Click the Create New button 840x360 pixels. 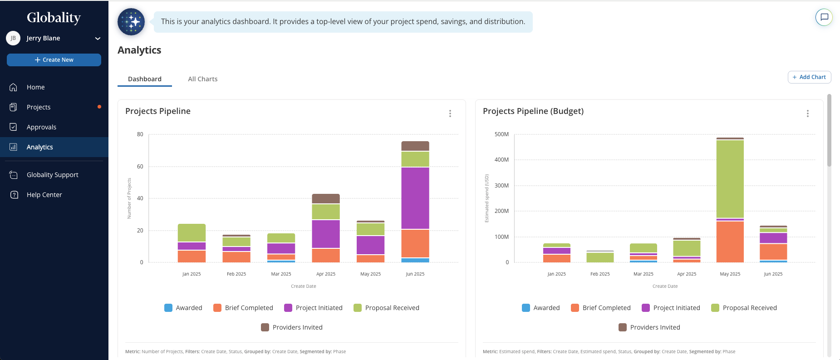click(54, 60)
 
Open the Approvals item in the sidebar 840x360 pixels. click(41, 127)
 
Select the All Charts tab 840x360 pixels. click(203, 79)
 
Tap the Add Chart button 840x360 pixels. click(809, 77)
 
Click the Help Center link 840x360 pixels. click(44, 195)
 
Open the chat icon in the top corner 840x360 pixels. click(824, 17)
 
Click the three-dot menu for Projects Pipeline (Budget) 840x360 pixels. click(807, 113)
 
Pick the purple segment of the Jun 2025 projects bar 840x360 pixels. click(415, 198)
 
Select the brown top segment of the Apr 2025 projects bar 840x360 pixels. click(326, 198)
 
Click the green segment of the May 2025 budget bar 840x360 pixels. click(730, 179)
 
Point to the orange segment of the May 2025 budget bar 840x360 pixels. click(730, 242)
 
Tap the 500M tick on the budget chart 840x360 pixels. click(501, 134)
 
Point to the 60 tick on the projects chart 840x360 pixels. click(140, 167)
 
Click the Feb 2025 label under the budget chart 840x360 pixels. click(600, 274)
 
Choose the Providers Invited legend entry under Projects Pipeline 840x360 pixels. click(292, 327)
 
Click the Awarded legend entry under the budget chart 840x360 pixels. click(541, 308)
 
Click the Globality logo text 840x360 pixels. click(54, 18)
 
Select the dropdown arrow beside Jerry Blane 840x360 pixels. click(98, 39)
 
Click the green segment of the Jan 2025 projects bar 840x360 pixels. click(192, 232)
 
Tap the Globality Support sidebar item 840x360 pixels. click(52, 175)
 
